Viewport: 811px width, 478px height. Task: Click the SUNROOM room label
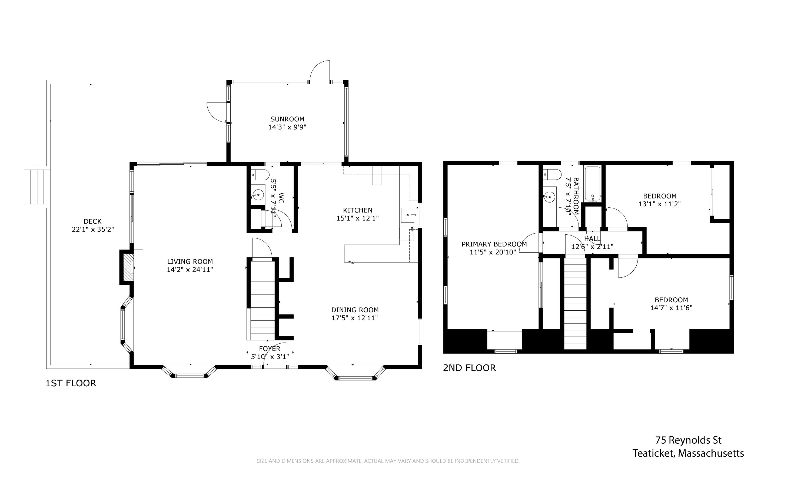click(287, 119)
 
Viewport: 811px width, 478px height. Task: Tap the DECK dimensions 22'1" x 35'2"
click(93, 229)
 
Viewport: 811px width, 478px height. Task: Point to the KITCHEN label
click(357, 210)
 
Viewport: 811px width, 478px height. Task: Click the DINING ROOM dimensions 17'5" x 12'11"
click(355, 318)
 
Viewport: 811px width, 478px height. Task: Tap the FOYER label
click(270, 348)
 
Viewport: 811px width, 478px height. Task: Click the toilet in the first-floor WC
click(260, 175)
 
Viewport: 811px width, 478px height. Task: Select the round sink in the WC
click(258, 195)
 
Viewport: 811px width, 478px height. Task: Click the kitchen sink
click(408, 215)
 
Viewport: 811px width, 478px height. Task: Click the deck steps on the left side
click(37, 187)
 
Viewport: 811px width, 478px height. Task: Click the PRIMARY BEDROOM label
click(494, 244)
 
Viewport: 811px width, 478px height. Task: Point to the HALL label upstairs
click(592, 239)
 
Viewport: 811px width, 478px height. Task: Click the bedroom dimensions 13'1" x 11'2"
click(660, 204)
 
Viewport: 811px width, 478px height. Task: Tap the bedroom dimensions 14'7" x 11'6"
click(671, 308)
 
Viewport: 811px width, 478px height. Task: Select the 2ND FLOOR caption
click(469, 368)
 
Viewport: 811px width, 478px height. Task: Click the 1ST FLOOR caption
click(71, 383)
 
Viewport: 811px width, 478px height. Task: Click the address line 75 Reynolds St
click(689, 440)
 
